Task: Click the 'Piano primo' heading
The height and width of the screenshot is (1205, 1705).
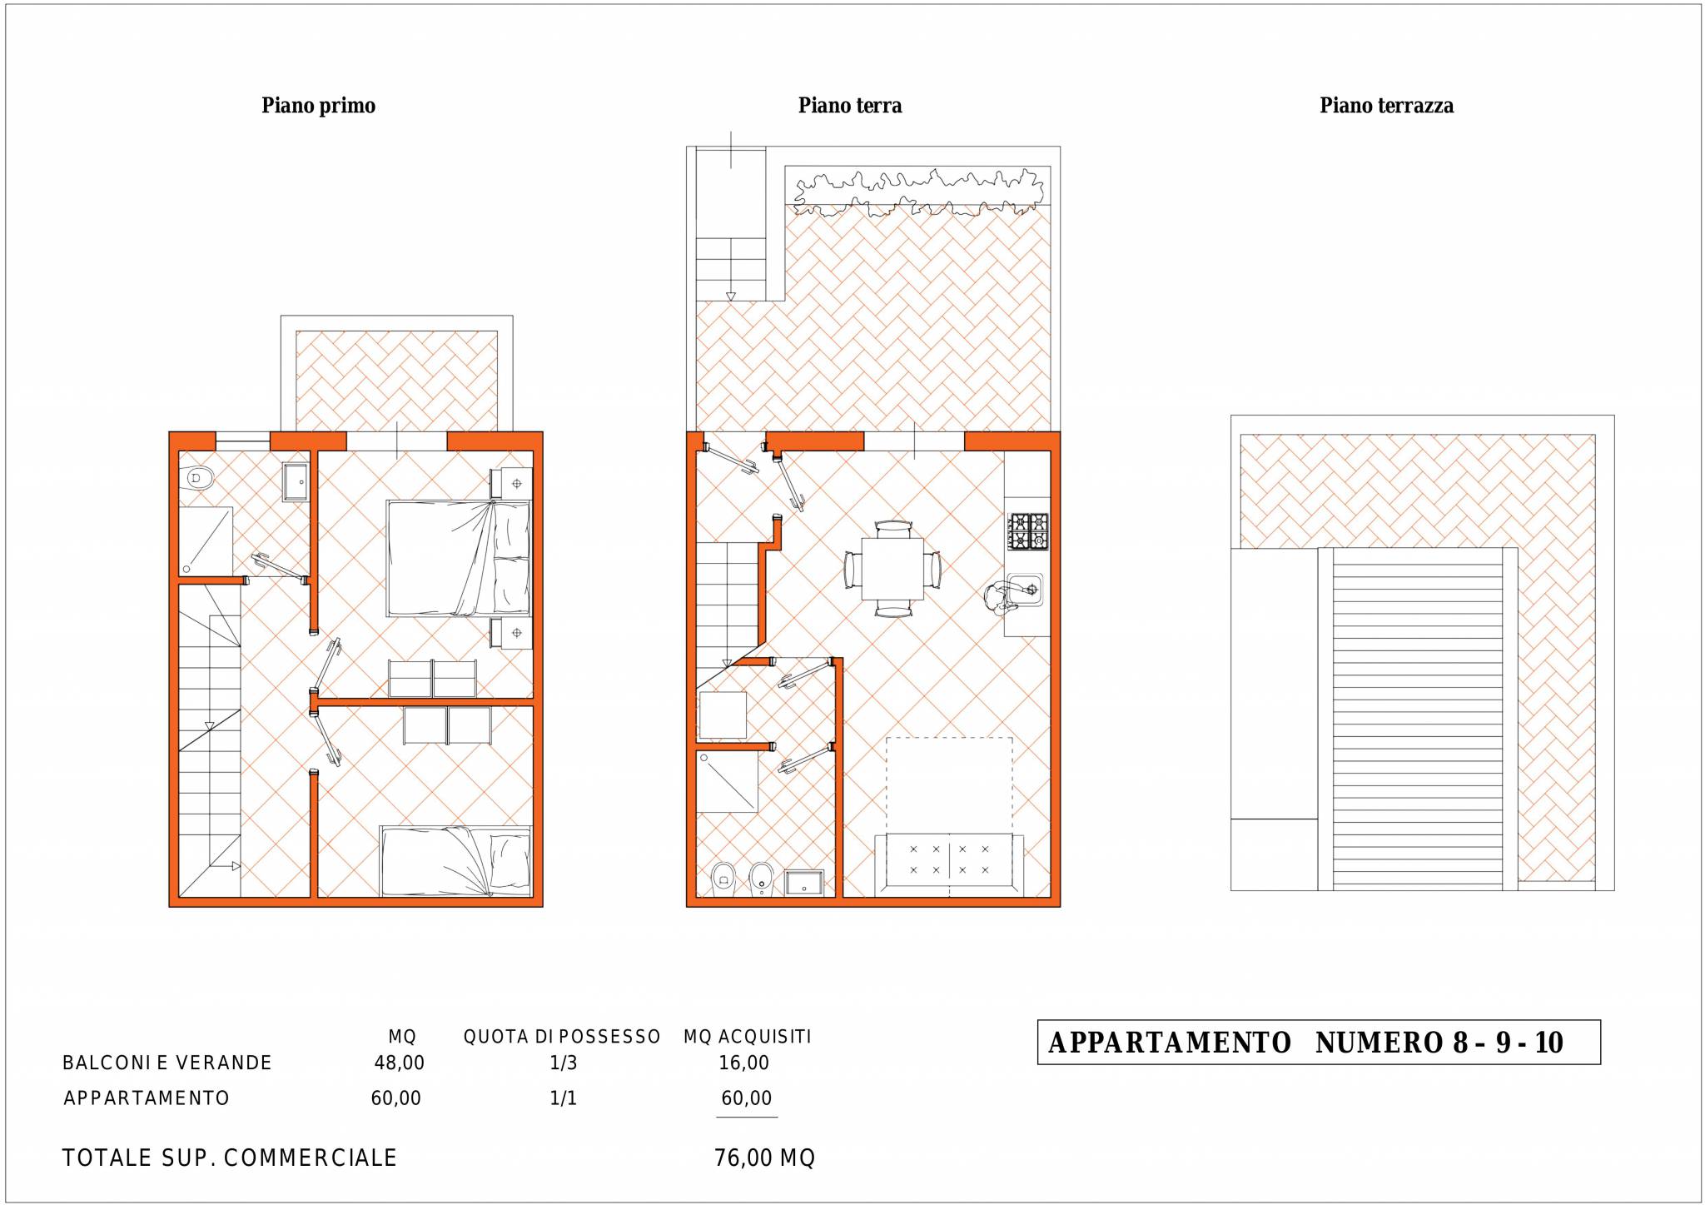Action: coord(318,106)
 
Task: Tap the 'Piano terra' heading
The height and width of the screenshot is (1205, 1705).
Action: coord(850,106)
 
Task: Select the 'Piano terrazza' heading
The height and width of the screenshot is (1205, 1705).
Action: coord(1386,106)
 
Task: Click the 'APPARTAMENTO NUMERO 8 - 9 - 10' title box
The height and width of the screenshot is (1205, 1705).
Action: coord(1319,1042)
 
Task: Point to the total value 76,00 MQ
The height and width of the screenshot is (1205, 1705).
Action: coord(764,1158)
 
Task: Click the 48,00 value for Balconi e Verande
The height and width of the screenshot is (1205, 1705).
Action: coord(400,1063)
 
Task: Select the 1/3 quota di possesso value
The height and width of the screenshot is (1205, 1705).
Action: coord(564,1063)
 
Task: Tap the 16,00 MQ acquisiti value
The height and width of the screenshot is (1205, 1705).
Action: coord(744,1063)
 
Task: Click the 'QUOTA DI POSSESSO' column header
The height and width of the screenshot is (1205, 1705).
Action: coord(562,1037)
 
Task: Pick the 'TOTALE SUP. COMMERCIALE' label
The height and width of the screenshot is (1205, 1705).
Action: coord(230,1158)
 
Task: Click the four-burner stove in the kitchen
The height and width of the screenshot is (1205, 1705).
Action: coord(1028,531)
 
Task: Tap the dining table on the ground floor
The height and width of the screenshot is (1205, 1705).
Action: coord(892,569)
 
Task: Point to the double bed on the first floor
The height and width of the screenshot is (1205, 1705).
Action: coord(458,558)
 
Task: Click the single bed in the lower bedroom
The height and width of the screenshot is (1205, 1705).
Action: coord(455,861)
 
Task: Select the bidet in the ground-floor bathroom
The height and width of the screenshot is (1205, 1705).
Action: coord(761,879)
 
